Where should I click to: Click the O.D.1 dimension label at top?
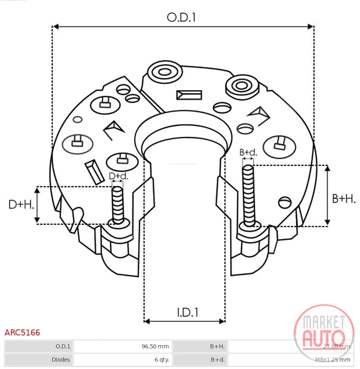[181, 17]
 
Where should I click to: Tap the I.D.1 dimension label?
[188, 312]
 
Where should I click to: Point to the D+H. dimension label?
[21, 204]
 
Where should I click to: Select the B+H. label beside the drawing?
[344, 198]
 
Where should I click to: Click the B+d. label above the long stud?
[248, 152]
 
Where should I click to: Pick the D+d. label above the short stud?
[119, 176]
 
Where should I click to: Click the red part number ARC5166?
[22, 333]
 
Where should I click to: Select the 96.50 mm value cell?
[155, 346]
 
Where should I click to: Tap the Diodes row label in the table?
[61, 360]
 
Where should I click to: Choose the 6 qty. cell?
[162, 360]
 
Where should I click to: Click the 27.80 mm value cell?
[337, 346]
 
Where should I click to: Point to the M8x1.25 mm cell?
[332, 360]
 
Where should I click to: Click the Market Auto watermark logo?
[324, 332]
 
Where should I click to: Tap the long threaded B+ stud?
[248, 196]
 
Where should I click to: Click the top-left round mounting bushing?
[165, 72]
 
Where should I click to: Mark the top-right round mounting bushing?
[242, 86]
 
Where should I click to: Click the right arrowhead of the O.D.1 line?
[311, 27]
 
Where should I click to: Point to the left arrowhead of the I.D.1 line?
[147, 321]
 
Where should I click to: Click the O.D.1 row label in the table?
[63, 346]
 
